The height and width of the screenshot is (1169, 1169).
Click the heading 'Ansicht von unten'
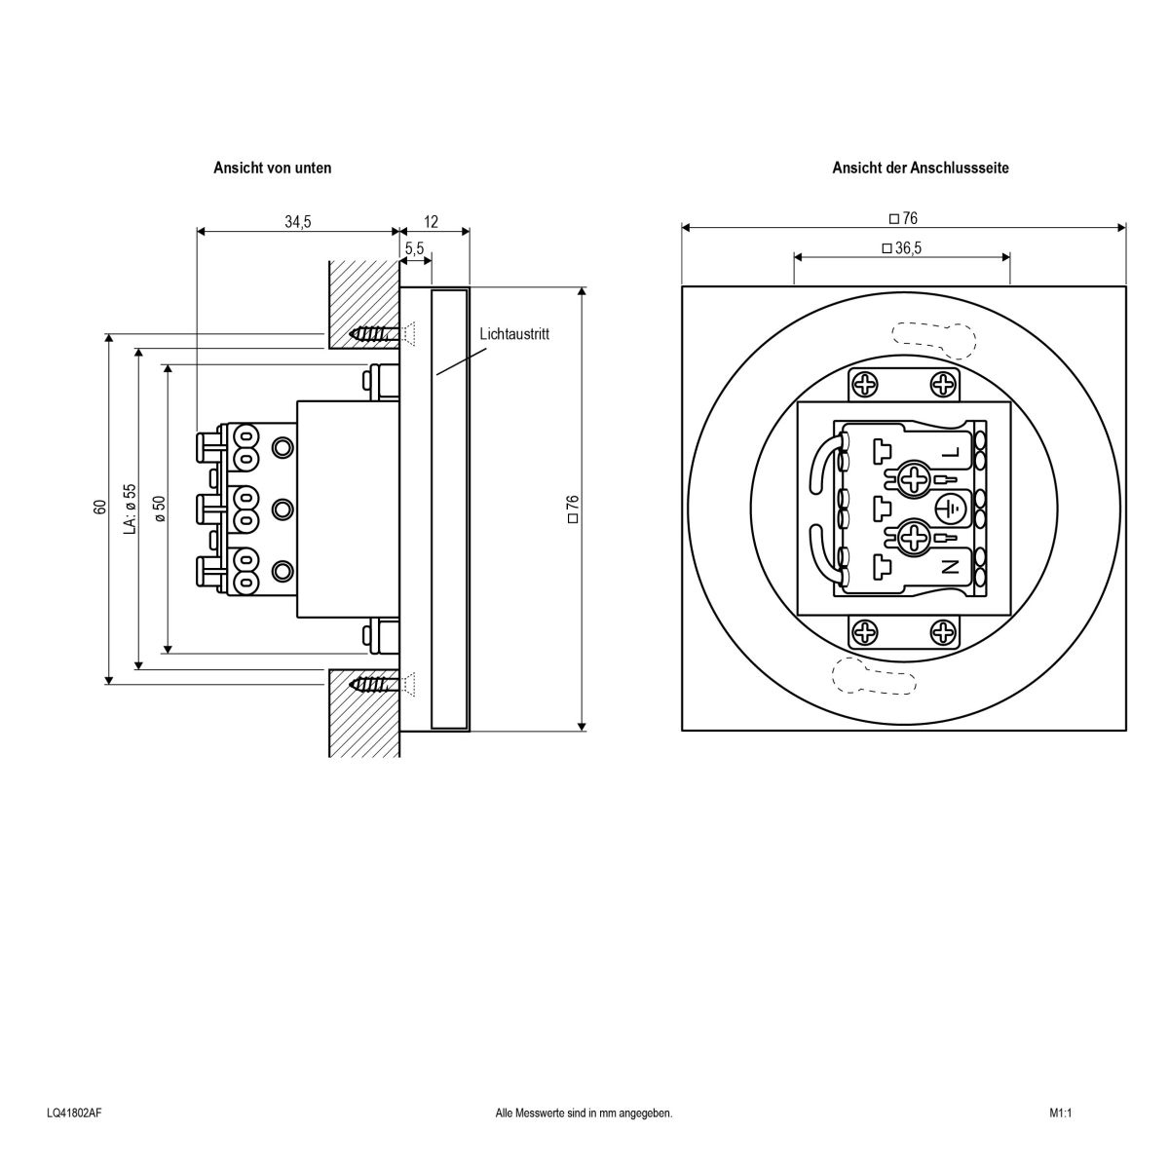[x=272, y=168]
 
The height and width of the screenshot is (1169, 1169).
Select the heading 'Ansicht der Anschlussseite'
[x=920, y=168]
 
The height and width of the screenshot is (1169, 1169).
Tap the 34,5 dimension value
[x=297, y=222]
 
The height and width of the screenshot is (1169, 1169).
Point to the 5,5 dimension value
[x=414, y=249]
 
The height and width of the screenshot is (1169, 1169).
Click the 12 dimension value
[x=432, y=222]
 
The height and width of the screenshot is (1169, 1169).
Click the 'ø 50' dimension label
[x=159, y=508]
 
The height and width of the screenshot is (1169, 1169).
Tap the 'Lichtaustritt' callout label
[x=514, y=334]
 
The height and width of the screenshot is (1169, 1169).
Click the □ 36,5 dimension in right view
[x=901, y=248]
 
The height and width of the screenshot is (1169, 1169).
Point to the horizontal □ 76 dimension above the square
[x=903, y=219]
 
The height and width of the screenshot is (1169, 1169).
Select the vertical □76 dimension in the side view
[x=573, y=509]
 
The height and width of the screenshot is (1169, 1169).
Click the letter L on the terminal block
[x=951, y=452]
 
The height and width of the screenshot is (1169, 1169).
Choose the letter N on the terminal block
[x=951, y=565]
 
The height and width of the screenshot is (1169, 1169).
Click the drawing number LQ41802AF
[x=74, y=1112]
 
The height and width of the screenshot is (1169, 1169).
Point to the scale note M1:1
[x=1060, y=1112]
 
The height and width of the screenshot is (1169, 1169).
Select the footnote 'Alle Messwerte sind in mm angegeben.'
[x=584, y=1112]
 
